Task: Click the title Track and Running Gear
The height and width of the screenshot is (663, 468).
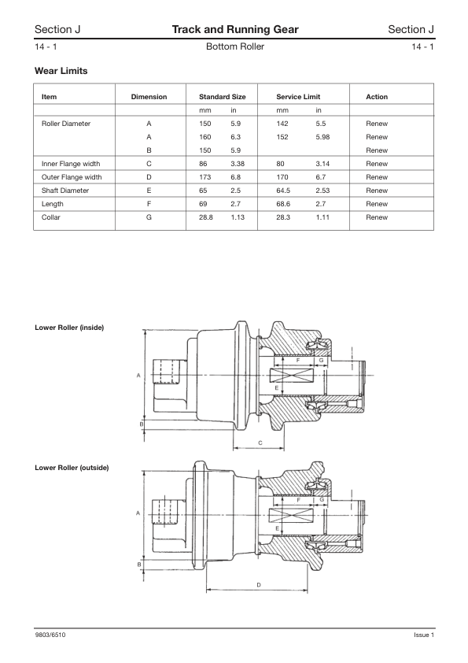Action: (235, 29)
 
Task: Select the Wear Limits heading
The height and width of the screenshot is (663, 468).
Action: (61, 72)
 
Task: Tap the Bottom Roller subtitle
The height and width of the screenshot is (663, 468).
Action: (234, 47)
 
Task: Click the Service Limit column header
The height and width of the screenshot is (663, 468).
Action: (298, 97)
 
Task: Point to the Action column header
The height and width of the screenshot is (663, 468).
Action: (377, 97)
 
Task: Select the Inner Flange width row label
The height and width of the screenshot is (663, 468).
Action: (71, 164)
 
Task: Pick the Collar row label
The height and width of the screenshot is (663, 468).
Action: (50, 217)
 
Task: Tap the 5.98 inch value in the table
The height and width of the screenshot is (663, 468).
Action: (323, 137)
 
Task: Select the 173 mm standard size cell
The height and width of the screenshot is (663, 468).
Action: (206, 177)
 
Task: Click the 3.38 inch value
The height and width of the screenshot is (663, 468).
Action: (238, 164)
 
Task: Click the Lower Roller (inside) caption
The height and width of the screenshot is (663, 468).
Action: (69, 327)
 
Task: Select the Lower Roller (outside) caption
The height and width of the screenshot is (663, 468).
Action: (72, 468)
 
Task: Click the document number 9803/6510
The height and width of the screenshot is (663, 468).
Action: (50, 635)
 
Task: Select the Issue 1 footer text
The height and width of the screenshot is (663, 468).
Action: (424, 635)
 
